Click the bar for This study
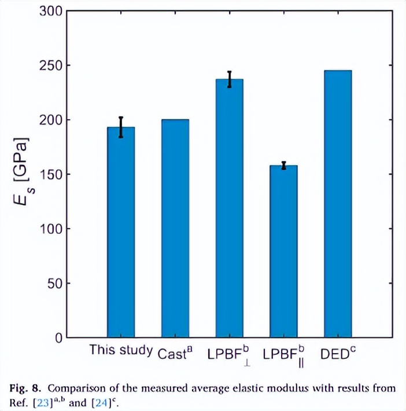[121, 232]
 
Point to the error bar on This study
[121, 127]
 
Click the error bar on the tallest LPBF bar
[230, 79]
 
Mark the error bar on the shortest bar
[283, 166]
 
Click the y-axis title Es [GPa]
[22, 174]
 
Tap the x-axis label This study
[121, 350]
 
